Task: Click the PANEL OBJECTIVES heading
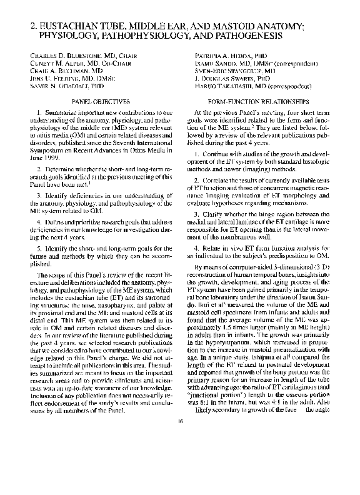click(101, 101)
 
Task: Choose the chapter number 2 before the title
click(33, 27)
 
